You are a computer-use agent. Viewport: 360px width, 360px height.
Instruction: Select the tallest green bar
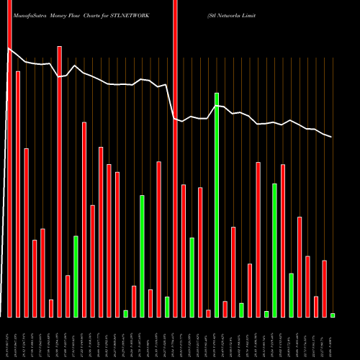[x=217, y=205]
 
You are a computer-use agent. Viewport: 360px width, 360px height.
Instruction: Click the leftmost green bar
[x=76, y=276]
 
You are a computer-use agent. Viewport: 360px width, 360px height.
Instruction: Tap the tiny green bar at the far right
[x=333, y=315]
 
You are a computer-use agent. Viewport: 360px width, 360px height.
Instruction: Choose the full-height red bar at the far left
[x=9, y=158]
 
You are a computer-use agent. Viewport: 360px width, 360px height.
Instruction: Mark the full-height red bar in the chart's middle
[x=175, y=158]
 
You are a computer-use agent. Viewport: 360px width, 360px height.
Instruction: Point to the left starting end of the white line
[x=8, y=49]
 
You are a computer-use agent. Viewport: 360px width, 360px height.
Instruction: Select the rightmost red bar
[x=324, y=288]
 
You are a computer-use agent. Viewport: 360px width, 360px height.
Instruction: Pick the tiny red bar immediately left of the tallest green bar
[x=208, y=313]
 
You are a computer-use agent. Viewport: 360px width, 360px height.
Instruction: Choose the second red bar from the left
[x=18, y=194]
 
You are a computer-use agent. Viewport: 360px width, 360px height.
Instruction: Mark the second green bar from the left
[x=125, y=313]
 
